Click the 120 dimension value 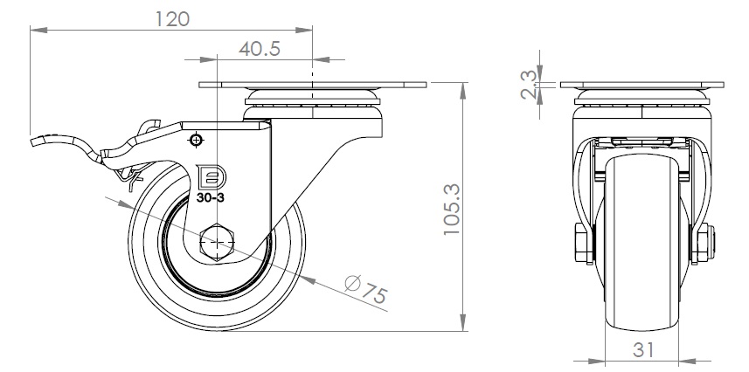point(172,19)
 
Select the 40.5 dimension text point(260,49)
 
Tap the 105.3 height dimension point(452,210)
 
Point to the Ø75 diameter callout point(366,289)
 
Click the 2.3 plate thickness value point(529,85)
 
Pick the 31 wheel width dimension point(643,350)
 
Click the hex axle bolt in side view point(218,242)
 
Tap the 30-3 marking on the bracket point(210,197)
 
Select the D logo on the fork point(211,177)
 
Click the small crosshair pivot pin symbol point(196,141)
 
